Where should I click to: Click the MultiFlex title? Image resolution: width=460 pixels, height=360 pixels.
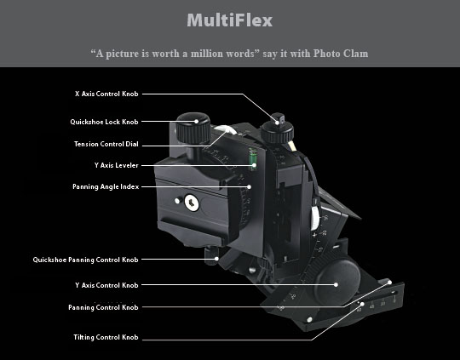click(x=230, y=20)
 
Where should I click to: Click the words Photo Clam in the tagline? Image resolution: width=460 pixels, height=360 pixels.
click(x=341, y=54)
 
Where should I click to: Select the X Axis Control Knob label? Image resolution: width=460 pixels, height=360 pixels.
click(x=106, y=94)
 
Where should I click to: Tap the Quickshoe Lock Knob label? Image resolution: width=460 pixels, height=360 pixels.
click(x=104, y=122)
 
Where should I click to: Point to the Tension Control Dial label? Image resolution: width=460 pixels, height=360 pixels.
click(x=106, y=144)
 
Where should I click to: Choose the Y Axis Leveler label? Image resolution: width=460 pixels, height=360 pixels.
click(x=116, y=165)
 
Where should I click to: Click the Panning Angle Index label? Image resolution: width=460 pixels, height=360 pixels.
click(x=106, y=186)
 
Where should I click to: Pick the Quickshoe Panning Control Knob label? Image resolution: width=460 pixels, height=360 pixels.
click(x=85, y=260)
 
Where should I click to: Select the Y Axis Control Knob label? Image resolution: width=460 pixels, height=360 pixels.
click(x=106, y=285)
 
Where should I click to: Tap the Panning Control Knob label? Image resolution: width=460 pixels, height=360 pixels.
click(x=103, y=307)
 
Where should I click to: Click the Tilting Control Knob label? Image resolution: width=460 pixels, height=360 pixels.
click(x=106, y=337)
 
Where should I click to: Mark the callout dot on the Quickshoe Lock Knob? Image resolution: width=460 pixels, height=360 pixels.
click(x=196, y=122)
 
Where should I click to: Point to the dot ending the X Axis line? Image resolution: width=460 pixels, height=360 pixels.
click(x=277, y=123)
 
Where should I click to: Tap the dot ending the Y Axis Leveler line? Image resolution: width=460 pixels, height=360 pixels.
click(x=254, y=165)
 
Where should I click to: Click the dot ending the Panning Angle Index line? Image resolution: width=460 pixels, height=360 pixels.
click(x=249, y=186)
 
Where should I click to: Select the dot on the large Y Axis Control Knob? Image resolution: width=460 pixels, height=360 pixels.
click(x=336, y=284)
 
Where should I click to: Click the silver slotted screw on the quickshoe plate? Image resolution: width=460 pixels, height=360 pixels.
click(x=192, y=203)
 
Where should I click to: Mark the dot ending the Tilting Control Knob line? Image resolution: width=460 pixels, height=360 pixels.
click(x=363, y=304)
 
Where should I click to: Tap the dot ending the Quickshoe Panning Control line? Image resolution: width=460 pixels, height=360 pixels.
click(x=216, y=259)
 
